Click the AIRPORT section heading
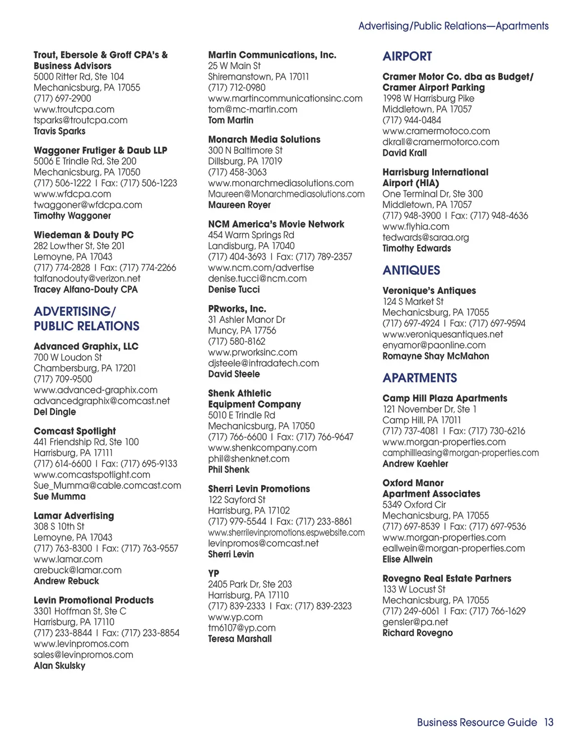407,57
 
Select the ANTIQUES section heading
411,270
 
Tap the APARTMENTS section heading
419,378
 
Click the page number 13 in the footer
548,722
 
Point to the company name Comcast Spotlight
75,431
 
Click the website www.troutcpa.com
73,109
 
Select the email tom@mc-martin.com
252,109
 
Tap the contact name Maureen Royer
239,205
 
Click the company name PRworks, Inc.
237,309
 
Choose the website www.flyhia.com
415,227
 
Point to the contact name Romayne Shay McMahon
436,356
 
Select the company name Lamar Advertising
73,516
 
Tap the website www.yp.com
235,617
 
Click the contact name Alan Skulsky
59,666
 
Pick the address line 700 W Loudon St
67,357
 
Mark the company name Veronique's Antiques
429,290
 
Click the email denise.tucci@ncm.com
257,279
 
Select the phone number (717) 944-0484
411,120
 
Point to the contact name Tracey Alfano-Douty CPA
85,289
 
